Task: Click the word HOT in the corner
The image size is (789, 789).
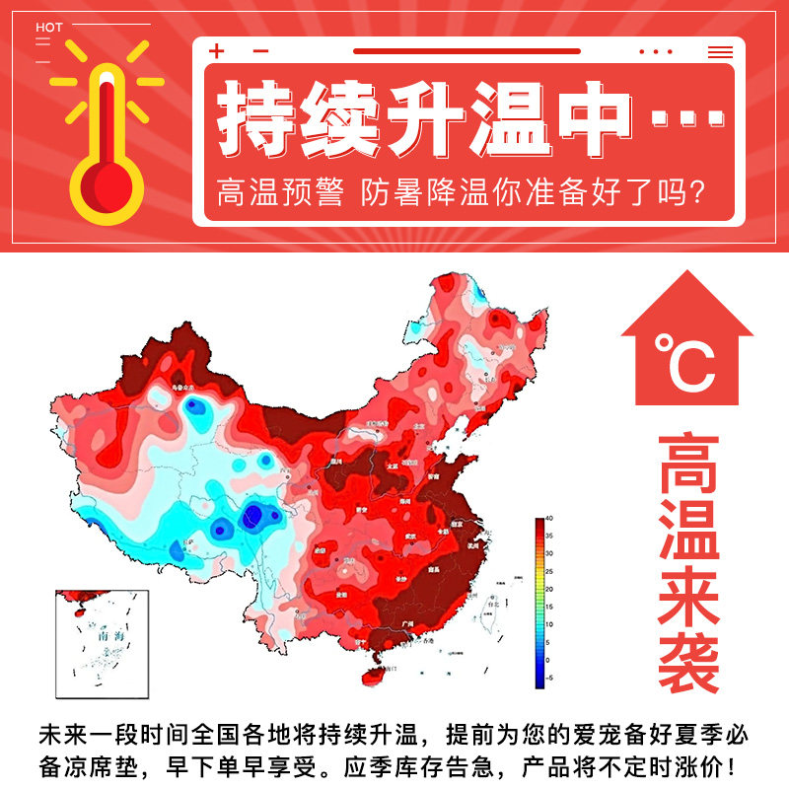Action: pyautogui.click(x=49, y=27)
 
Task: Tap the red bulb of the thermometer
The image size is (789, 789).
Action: pyautogui.click(x=106, y=185)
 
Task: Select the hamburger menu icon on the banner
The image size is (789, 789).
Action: pyautogui.click(x=720, y=51)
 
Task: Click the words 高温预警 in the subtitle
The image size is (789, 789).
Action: pyautogui.click(x=280, y=191)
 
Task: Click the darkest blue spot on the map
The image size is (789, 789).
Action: pyautogui.click(x=254, y=514)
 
